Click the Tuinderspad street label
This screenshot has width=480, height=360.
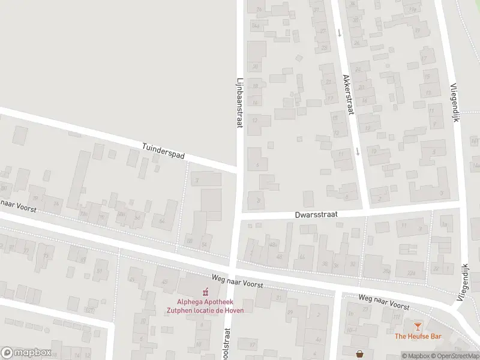click(163, 151)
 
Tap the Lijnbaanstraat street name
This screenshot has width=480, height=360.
click(239, 103)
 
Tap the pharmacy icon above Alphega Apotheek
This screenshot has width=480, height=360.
click(205, 292)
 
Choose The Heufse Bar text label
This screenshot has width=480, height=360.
click(417, 336)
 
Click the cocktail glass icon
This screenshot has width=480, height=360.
click(418, 325)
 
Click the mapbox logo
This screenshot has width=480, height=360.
click(26, 352)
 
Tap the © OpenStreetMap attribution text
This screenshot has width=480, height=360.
click(457, 356)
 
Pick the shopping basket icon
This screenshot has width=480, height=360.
click(359, 354)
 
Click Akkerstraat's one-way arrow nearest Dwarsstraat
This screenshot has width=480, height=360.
click(358, 151)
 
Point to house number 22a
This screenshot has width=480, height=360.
click(410, 274)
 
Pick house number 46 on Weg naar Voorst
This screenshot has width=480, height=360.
click(278, 257)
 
